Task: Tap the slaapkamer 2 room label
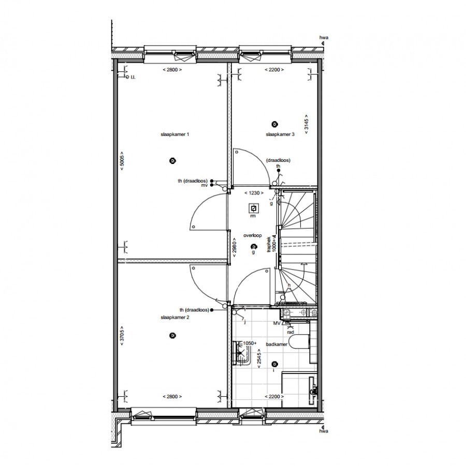coord(175,317)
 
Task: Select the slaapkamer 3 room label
coord(280,134)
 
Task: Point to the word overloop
coord(253,235)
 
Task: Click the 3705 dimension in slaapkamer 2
coord(121,336)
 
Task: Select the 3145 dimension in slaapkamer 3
coord(307,124)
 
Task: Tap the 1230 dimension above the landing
coord(254,193)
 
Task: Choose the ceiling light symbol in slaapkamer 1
coord(172,161)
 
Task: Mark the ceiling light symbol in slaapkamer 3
coord(274,124)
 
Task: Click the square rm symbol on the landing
coord(254,208)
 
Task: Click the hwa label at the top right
coord(324,38)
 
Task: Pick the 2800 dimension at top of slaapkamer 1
coord(172,69)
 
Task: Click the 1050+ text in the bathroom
coord(251,343)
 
